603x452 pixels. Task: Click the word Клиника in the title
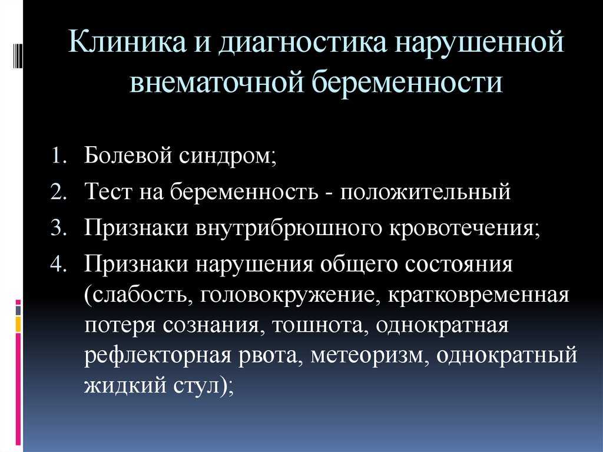click(127, 42)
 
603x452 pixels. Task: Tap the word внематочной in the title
click(217, 82)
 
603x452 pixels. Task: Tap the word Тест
click(108, 192)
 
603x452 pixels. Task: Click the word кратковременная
click(478, 296)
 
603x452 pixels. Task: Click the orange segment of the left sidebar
click(18, 324)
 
